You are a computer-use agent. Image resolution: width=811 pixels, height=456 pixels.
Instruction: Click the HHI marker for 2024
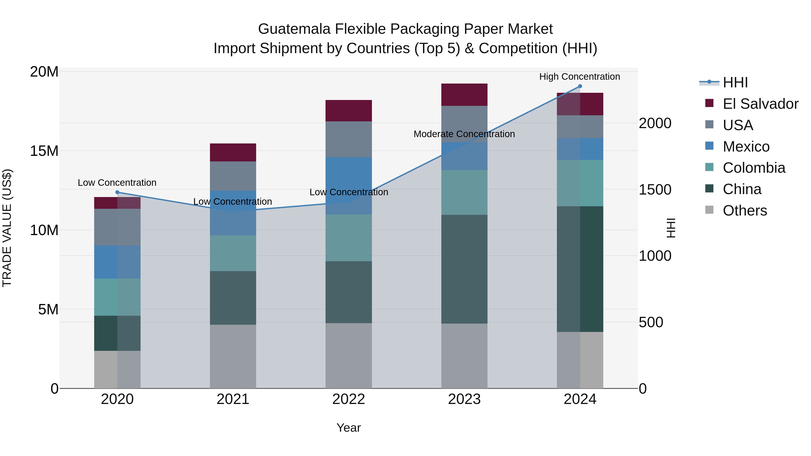click(580, 86)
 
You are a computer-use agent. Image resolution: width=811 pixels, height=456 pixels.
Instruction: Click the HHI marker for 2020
click(117, 192)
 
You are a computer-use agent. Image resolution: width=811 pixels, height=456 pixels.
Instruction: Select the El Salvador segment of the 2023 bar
click(464, 95)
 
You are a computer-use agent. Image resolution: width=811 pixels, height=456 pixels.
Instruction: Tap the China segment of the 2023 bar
click(464, 269)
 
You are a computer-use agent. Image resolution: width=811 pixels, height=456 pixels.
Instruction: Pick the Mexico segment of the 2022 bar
click(349, 186)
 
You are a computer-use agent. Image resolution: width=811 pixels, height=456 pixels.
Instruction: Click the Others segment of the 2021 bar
click(233, 356)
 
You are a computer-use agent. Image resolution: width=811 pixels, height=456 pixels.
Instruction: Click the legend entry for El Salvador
click(760, 104)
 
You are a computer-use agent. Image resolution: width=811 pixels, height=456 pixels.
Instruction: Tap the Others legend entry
click(745, 211)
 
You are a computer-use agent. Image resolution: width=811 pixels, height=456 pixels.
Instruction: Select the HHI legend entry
click(735, 82)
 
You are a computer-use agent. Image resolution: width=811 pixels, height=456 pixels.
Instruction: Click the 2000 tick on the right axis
click(655, 123)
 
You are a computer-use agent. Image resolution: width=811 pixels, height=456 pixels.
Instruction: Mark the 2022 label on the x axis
click(349, 399)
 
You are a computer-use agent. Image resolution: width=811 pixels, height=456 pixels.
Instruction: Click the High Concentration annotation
click(580, 77)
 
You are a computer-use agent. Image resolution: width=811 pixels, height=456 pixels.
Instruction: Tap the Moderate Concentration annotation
click(464, 134)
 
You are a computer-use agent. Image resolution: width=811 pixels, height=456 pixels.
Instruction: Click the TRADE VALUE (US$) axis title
click(7, 228)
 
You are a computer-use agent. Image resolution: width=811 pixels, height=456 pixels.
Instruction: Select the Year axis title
click(349, 428)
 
